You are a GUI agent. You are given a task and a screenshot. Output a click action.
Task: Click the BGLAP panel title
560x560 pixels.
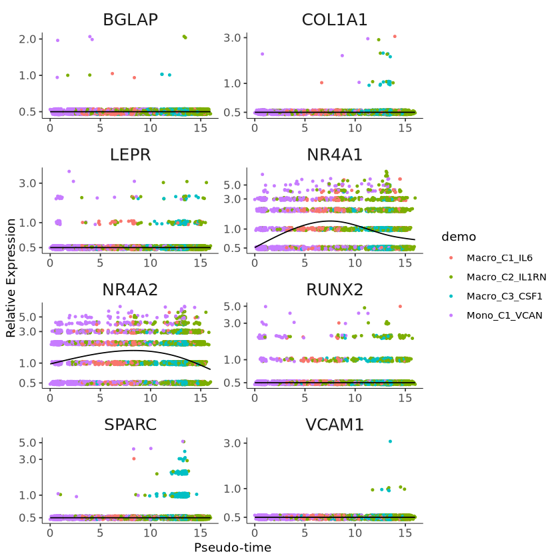[130, 20]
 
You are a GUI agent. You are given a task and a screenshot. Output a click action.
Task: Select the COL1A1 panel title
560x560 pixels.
[335, 20]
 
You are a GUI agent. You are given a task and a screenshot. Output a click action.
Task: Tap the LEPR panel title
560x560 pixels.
[130, 155]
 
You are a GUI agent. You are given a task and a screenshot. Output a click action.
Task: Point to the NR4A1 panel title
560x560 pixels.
[335, 155]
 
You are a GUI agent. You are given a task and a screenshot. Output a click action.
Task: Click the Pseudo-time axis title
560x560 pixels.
[233, 547]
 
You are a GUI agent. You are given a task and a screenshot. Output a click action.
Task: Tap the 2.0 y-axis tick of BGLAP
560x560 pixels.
[27, 39]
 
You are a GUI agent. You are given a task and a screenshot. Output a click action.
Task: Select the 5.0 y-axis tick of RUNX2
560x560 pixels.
[231, 306]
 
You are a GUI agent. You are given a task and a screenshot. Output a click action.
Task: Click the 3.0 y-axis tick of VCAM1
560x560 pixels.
[231, 443]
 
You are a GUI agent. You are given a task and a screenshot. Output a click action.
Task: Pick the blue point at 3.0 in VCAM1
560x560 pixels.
[390, 441]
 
